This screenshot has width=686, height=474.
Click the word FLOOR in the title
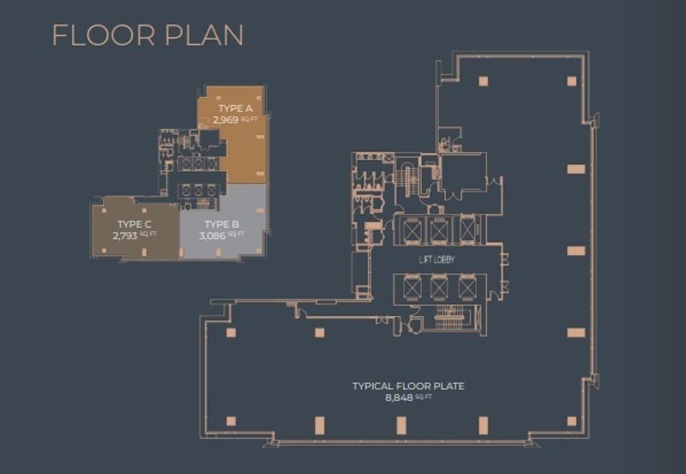pyautogui.click(x=104, y=35)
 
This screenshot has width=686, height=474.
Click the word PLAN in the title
pyautogui.click(x=204, y=35)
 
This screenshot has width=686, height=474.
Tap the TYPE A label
pyautogui.click(x=235, y=108)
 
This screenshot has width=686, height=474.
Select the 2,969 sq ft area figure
pyautogui.click(x=235, y=119)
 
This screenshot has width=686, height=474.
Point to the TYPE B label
pyautogui.click(x=222, y=224)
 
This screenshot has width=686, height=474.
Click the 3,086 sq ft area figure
pyautogui.click(x=222, y=235)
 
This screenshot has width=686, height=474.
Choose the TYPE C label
pyautogui.click(x=135, y=224)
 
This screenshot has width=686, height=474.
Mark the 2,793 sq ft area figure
pyautogui.click(x=135, y=235)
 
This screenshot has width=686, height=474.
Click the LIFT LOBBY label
pyautogui.click(x=437, y=259)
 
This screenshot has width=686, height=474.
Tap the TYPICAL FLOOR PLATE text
pyautogui.click(x=409, y=386)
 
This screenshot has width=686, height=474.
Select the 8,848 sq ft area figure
pyautogui.click(x=409, y=398)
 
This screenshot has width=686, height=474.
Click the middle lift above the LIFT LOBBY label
pyautogui.click(x=438, y=230)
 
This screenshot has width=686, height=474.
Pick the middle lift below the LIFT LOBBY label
pyautogui.click(x=439, y=288)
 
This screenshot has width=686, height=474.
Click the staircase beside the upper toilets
pyautogui.click(x=407, y=179)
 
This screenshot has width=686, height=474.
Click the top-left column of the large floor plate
pyautogui.click(x=483, y=81)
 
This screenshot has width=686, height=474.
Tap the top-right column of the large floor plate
pyautogui.click(x=571, y=81)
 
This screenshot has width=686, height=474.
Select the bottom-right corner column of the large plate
pyautogui.click(x=571, y=421)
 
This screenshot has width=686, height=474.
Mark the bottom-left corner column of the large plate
pyautogui.click(x=231, y=421)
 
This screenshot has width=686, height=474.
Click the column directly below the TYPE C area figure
pyautogui.click(x=144, y=252)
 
